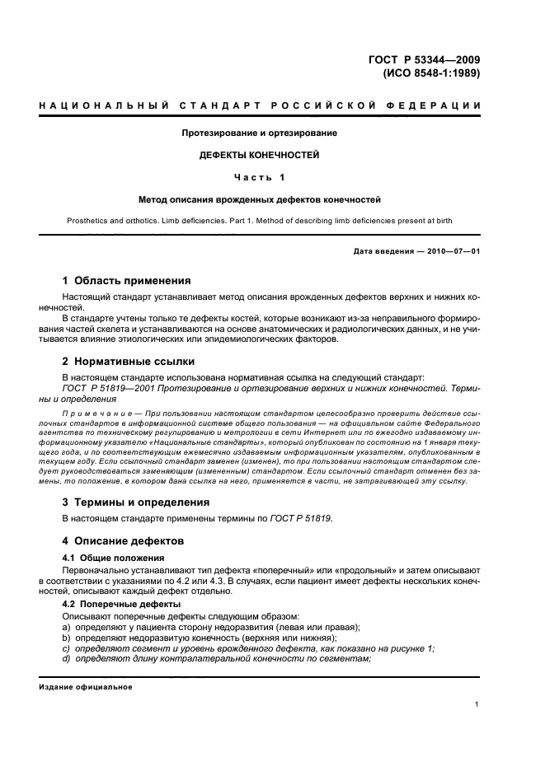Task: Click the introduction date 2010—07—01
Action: [x=451, y=250]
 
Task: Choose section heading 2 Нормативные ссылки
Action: [x=130, y=361]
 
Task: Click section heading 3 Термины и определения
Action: [x=136, y=502]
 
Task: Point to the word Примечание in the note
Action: [x=92, y=412]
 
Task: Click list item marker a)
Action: [x=68, y=627]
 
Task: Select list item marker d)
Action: [x=68, y=659]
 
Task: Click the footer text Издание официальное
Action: [x=86, y=686]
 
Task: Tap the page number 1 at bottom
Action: [x=477, y=704]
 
